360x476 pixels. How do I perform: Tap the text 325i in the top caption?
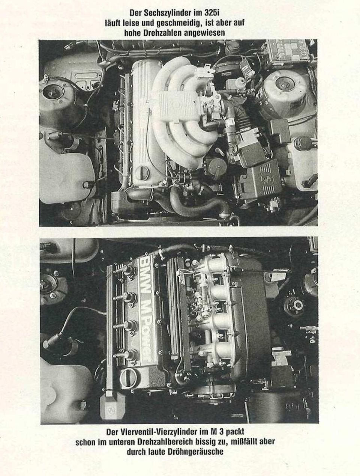(x=213, y=13)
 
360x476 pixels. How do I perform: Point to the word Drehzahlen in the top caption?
(x=164, y=33)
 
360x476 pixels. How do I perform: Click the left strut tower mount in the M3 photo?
(x=50, y=283)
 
